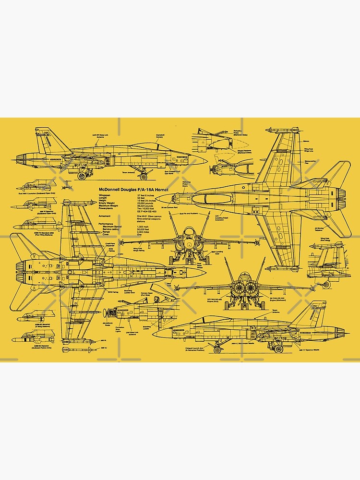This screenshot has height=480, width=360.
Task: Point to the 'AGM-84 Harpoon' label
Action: [44, 346]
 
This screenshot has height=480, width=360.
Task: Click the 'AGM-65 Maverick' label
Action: [44, 325]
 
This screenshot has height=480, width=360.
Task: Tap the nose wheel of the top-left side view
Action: [81, 177]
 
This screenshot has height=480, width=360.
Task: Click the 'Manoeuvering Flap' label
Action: [310, 162]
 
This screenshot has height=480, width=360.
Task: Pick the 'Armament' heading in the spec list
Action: [105, 216]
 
